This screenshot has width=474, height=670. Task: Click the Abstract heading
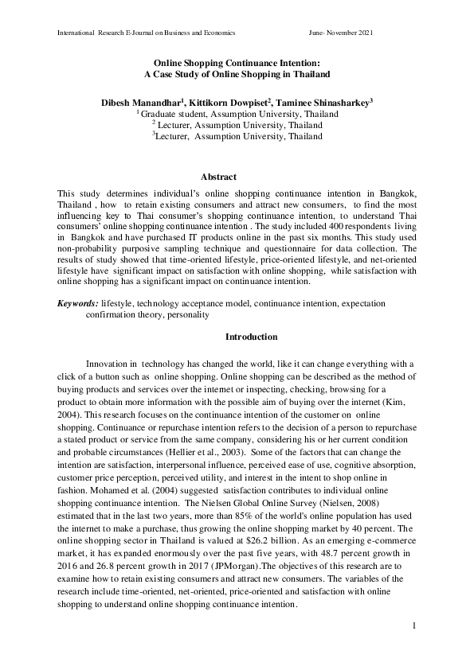[217, 177]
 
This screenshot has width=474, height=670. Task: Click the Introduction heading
[251, 337]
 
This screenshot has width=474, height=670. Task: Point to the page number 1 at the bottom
[415, 628]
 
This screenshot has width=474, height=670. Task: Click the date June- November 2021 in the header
[340, 33]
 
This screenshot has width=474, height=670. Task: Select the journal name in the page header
[146, 33]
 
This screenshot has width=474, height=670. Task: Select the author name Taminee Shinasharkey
[329, 103]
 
